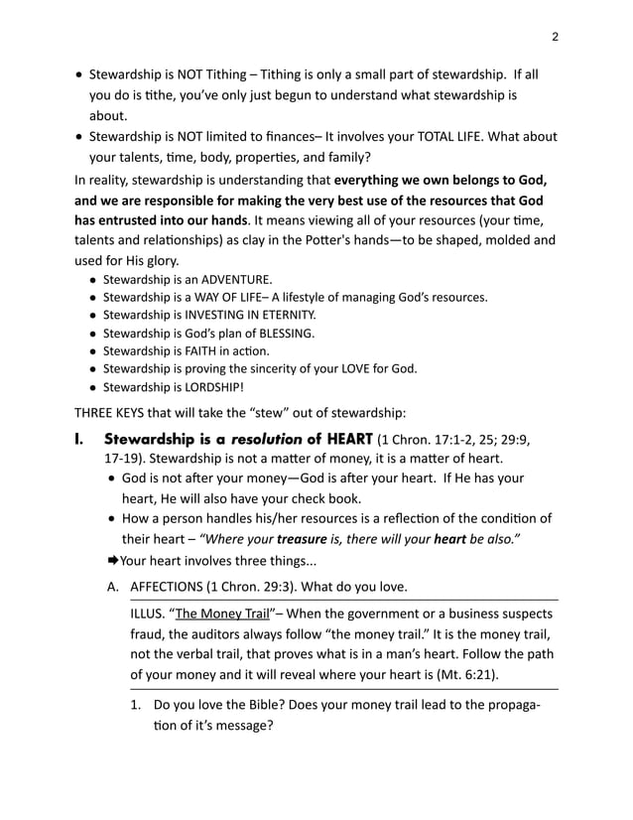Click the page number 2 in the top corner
[x=555, y=37]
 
